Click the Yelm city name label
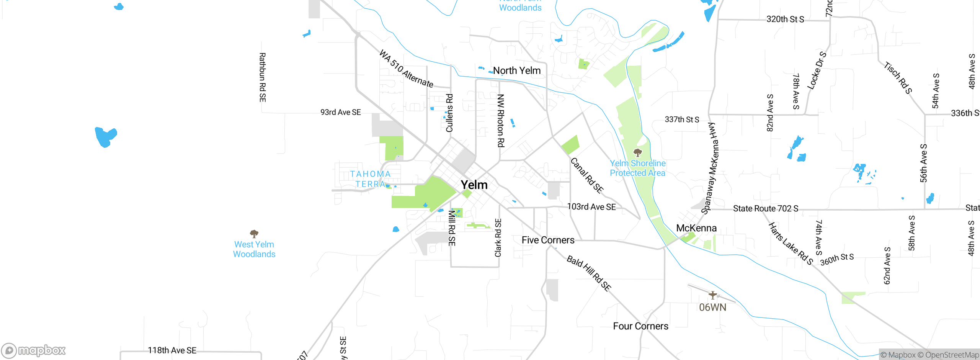pyautogui.click(x=474, y=185)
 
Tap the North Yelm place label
pyautogui.click(x=517, y=71)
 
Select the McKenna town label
pyautogui.click(x=696, y=228)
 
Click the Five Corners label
pyautogui.click(x=548, y=240)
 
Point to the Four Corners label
pyautogui.click(x=640, y=326)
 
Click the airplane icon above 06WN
pyautogui.click(x=712, y=295)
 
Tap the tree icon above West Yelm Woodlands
pyautogui.click(x=254, y=234)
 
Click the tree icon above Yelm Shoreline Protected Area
pyautogui.click(x=637, y=153)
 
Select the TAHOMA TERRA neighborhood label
pyautogui.click(x=370, y=179)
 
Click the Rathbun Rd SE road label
pyautogui.click(x=262, y=77)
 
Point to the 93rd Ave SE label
pyautogui.click(x=340, y=112)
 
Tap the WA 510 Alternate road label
pyautogui.click(x=406, y=69)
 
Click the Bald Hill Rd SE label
pyautogui.click(x=589, y=273)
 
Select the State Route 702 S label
pyautogui.click(x=766, y=209)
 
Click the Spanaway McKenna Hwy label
pyautogui.click(x=710, y=169)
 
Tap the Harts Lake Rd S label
pyautogui.click(x=791, y=244)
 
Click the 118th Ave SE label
pyautogui.click(x=172, y=350)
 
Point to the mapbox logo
pyautogui.click(x=34, y=350)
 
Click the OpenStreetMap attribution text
pyautogui.click(x=952, y=355)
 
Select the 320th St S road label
pyautogui.click(x=785, y=19)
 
